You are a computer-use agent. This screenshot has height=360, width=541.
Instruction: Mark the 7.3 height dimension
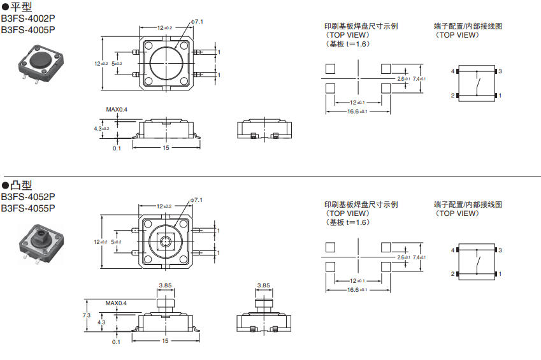coord(86,315)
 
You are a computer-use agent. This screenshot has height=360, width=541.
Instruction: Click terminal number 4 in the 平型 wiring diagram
coord(453,71)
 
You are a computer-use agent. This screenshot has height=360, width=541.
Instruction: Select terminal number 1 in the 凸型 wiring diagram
coord(500,274)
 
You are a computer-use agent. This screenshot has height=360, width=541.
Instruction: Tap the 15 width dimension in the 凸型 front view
coord(166,342)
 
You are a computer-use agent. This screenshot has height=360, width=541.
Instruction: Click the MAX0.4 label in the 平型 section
coord(117,110)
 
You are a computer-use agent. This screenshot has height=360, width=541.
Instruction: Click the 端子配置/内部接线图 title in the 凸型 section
coord(468,205)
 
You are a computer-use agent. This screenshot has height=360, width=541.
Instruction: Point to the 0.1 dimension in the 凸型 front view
coord(117,342)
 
